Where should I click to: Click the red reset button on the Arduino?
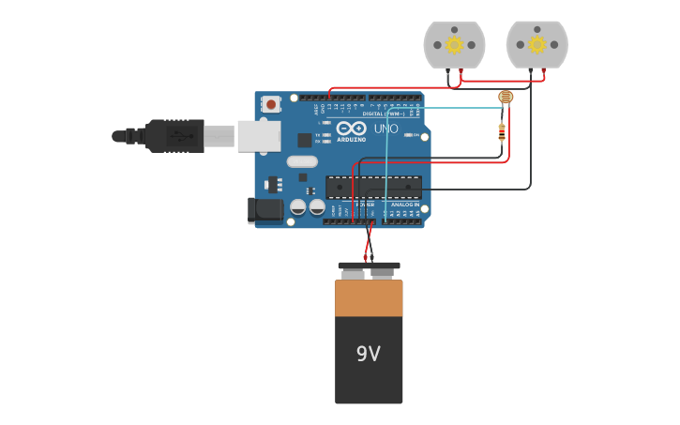point(271,104)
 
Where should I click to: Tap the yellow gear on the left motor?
point(454,44)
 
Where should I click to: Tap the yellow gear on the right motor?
point(536,44)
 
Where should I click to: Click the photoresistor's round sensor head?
point(506,97)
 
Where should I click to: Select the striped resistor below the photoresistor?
point(502,132)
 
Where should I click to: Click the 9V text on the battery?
point(369,354)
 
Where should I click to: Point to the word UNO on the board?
point(386,129)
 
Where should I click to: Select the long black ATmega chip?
point(373,187)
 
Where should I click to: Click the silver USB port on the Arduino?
point(258,136)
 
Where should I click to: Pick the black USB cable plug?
point(174,136)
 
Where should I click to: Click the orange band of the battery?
point(369,298)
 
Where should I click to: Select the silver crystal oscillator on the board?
point(302,161)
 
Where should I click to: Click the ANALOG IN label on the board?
point(405,204)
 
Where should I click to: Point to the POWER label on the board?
point(364,204)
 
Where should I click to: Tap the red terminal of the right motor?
point(543,72)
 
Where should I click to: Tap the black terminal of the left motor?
point(449,72)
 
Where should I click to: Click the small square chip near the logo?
point(305,140)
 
